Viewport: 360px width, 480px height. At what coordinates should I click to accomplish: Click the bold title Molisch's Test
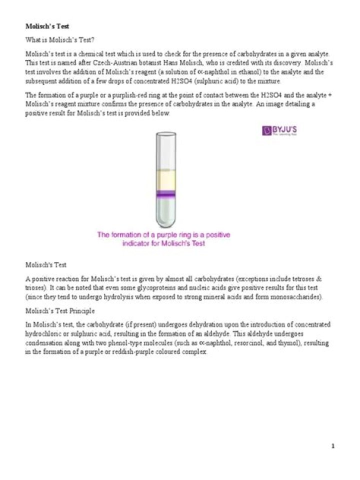47,26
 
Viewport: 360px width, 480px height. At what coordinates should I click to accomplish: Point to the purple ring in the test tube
165,194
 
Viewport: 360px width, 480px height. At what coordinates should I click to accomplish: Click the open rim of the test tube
165,134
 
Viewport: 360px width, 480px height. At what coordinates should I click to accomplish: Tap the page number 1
332,446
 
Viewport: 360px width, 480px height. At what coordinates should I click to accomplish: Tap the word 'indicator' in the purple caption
139,243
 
